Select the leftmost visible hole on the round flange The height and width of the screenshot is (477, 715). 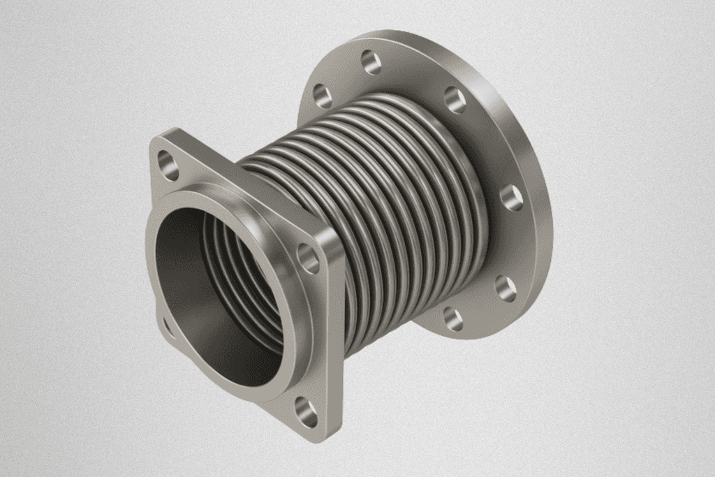tap(323, 95)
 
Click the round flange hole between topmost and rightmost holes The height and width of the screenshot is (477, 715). tap(455, 100)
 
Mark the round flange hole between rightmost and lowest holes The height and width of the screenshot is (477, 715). tap(506, 288)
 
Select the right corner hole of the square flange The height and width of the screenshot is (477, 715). tap(308, 258)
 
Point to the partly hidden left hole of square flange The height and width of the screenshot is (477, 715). tap(168, 326)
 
